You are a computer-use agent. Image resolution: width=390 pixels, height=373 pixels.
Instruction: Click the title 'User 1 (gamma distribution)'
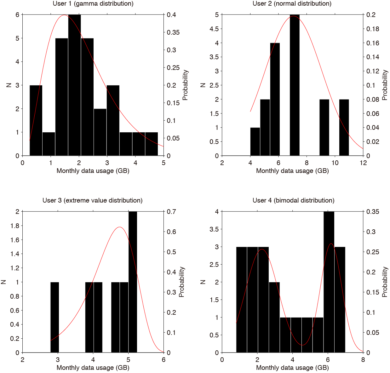tap(93, 4)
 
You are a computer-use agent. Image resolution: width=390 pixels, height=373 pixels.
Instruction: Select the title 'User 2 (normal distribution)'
tap(292, 4)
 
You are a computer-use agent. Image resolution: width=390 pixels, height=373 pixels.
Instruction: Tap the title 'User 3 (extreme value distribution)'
tap(92, 200)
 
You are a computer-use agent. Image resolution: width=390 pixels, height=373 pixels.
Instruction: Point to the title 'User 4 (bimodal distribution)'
tap(293, 200)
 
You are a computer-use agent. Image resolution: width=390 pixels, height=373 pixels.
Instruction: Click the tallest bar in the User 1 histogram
tap(74, 85)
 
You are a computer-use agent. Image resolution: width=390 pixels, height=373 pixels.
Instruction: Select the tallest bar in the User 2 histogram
tap(295, 85)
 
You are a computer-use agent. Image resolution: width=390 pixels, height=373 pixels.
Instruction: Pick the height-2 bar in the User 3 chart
tap(133, 282)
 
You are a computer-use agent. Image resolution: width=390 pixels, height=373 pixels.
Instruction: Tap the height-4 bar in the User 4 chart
tap(329, 282)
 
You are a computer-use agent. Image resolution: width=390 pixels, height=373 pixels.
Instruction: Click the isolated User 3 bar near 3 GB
tap(54, 317)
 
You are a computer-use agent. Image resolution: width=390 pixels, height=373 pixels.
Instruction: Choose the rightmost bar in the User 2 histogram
tap(344, 127)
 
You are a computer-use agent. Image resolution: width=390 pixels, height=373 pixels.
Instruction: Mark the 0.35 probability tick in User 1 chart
tap(173, 32)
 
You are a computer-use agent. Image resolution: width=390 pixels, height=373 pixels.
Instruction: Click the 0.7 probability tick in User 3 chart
tap(171, 212)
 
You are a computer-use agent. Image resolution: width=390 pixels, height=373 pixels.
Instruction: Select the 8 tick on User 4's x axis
tap(363, 360)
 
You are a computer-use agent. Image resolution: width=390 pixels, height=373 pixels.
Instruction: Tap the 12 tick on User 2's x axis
tap(363, 163)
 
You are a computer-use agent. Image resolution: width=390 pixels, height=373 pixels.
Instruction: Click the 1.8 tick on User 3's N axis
tap(14, 226)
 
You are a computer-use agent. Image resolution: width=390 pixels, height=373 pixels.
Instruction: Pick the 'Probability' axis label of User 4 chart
tap(385, 282)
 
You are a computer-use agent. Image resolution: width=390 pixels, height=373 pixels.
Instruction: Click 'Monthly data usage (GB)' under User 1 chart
tap(93, 171)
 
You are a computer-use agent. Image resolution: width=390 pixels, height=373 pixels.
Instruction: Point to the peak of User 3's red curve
tap(119, 227)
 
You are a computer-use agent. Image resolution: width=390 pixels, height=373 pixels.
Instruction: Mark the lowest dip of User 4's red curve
tap(302, 345)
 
